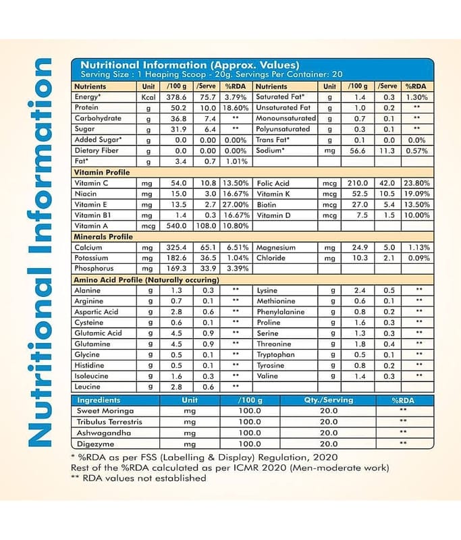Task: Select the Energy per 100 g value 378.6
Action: coord(175,97)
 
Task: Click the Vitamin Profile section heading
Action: coord(101,172)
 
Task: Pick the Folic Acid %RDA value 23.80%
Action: coord(416,183)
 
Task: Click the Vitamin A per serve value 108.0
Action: coord(208,226)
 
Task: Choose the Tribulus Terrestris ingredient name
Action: coord(109,421)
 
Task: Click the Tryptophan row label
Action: coord(275,354)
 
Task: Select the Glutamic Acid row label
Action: coord(99,333)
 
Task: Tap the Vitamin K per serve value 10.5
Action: coord(387,194)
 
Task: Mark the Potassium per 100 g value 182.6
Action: coord(175,259)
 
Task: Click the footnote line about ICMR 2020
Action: coord(230,467)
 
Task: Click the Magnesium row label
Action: coord(276,248)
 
